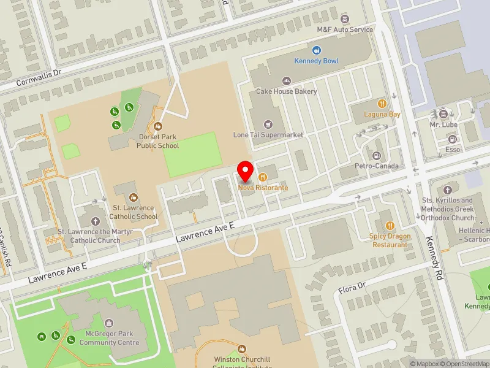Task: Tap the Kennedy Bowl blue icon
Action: click(x=317, y=50)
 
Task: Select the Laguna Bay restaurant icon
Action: click(x=381, y=103)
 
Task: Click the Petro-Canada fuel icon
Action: click(x=377, y=155)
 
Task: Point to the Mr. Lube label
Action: click(x=443, y=125)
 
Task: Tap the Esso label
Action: click(x=453, y=150)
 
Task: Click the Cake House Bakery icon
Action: click(x=286, y=81)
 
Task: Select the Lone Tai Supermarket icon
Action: click(x=268, y=124)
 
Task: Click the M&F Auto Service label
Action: click(x=345, y=29)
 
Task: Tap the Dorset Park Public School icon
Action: click(x=158, y=126)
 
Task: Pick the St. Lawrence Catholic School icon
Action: click(x=134, y=197)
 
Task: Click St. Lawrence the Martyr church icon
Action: click(x=95, y=221)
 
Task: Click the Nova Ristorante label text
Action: click(x=263, y=187)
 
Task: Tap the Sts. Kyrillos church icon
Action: click(x=447, y=190)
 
